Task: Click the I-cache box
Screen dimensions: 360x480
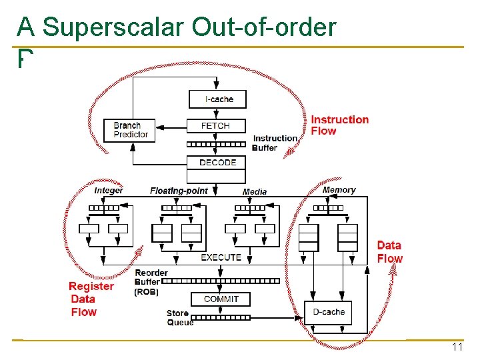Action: tap(219, 99)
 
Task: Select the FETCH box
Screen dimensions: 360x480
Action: tap(215, 125)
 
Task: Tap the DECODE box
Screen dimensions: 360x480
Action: tap(217, 162)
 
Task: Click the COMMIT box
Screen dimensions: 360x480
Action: tap(221, 299)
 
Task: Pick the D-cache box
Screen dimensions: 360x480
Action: tap(328, 311)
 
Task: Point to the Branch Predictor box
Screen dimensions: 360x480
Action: tap(131, 130)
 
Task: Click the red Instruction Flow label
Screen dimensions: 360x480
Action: tap(339, 125)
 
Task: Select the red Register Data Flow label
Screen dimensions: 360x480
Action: tap(91, 299)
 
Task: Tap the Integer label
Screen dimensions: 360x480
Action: tap(109, 190)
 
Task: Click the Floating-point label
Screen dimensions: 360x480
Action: tap(179, 191)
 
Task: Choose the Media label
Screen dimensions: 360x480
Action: tap(255, 191)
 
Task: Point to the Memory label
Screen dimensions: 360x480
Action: tap(339, 190)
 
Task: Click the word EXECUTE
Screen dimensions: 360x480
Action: tap(221, 257)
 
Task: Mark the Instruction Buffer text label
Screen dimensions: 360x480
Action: tap(275, 143)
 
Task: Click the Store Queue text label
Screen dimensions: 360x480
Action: tap(179, 318)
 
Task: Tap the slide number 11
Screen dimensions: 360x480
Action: tap(457, 347)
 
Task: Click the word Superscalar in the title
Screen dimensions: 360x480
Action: tap(113, 27)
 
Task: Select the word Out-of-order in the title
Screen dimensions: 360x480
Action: tap(263, 27)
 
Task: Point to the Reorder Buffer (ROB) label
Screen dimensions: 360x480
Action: tap(151, 282)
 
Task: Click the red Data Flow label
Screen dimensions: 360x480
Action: tap(389, 252)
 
